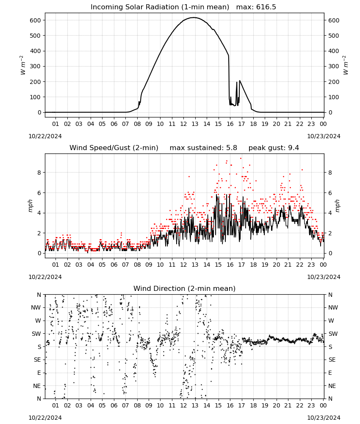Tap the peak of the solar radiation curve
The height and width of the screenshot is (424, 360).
coord(194,17)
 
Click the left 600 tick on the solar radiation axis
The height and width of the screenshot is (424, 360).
coord(36,20)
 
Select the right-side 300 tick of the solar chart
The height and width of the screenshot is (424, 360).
coord(334,66)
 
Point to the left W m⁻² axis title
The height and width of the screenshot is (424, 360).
coord(23,65)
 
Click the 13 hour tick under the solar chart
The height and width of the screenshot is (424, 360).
coord(195,124)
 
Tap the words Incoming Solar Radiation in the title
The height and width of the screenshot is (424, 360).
coord(135,7)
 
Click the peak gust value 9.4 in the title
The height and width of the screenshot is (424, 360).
coord(294,148)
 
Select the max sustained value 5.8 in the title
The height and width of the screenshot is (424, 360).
coord(232,148)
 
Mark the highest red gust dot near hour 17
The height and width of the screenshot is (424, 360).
coord(241,159)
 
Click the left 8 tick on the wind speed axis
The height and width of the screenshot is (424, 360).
coord(39,173)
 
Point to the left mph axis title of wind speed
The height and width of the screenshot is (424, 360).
coord(30,206)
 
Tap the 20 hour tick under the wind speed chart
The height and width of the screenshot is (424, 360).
coord(276,265)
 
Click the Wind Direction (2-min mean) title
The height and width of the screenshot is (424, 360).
coord(185,288)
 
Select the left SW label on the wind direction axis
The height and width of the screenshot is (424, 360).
coord(36,334)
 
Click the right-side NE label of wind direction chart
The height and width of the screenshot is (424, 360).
coord(332,386)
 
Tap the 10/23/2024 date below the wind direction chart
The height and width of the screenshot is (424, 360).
coord(324,418)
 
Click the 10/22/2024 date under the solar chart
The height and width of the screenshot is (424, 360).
coord(45,136)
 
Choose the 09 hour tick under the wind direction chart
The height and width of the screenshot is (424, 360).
coord(149,405)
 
